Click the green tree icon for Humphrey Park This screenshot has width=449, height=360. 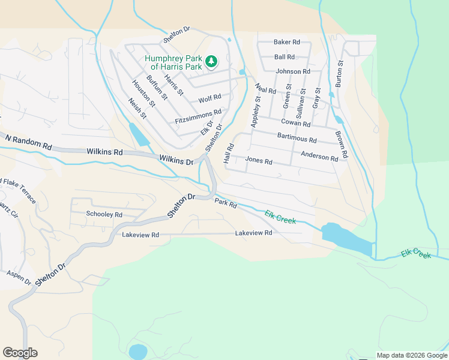(x=211, y=61)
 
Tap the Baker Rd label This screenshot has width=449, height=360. (x=286, y=42)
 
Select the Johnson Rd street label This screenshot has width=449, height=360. (x=293, y=71)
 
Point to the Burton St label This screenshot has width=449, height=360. (x=340, y=74)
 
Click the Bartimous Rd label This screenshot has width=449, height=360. (x=297, y=138)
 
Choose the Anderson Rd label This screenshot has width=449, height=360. (x=319, y=156)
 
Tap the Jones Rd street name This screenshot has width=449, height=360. (x=259, y=161)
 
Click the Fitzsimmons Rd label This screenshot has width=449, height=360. (x=198, y=116)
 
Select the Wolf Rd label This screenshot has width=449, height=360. (x=209, y=98)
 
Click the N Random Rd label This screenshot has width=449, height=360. (x=28, y=143)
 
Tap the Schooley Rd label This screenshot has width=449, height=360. (x=104, y=214)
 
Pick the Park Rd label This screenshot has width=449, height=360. (x=226, y=204)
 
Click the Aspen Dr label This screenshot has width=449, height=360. (x=19, y=277)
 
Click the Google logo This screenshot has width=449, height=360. (x=20, y=353)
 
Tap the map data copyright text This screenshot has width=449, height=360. (x=411, y=355)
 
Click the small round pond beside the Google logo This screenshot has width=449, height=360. (x=138, y=351)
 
